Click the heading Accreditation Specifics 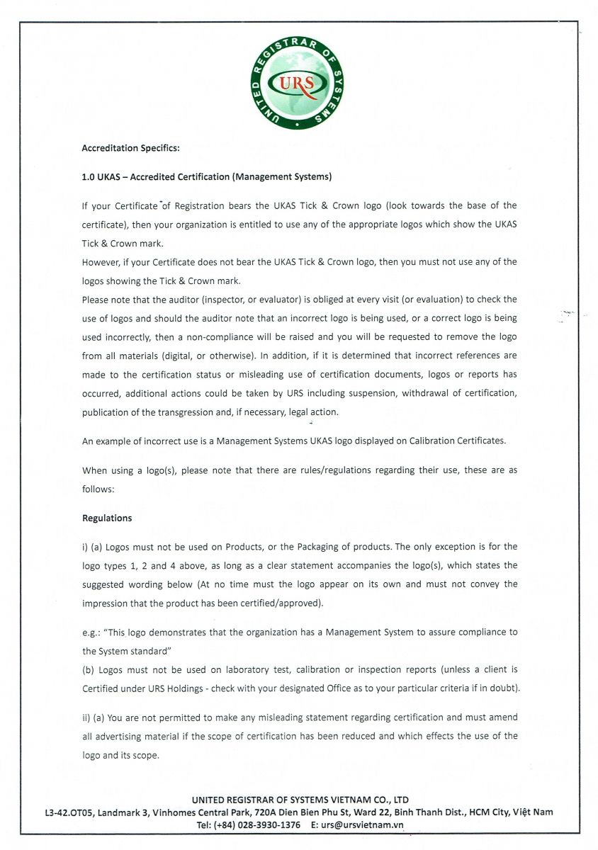(131, 148)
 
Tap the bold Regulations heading (107, 518)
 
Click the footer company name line (300, 800)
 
